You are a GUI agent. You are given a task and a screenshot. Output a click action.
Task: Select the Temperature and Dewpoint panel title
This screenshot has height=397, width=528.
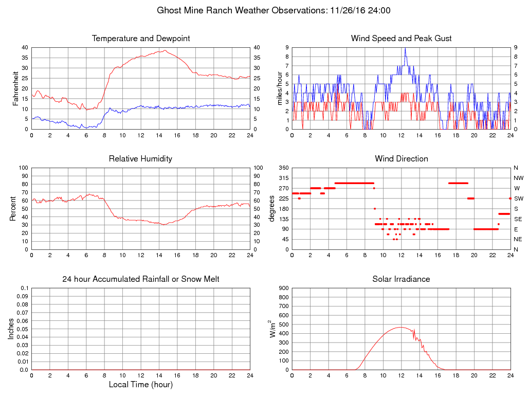[x=141, y=39]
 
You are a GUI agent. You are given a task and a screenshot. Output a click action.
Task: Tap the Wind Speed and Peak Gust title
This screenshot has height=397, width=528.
[x=402, y=39]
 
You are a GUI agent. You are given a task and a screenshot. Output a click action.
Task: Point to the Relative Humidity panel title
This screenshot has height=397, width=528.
[x=141, y=159]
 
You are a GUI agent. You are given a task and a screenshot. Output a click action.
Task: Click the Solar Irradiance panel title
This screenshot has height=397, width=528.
[x=402, y=279]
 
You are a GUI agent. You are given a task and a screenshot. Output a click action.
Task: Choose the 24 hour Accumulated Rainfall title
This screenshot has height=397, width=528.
[x=141, y=279]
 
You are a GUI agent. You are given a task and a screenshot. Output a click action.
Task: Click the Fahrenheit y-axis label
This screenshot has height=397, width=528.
[x=15, y=88]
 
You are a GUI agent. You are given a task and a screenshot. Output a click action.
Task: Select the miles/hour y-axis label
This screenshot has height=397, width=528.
[x=281, y=88]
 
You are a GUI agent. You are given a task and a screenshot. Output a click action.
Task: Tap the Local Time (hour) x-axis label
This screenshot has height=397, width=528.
[x=141, y=385]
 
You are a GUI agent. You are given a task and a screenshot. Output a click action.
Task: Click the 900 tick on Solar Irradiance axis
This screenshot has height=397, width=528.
[x=283, y=288]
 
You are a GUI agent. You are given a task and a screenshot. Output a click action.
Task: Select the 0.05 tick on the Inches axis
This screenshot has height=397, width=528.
[x=22, y=329]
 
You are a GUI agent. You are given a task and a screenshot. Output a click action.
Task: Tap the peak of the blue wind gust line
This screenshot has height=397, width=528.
[x=405, y=48]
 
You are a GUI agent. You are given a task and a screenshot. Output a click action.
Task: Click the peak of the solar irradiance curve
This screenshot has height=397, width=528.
[x=401, y=327]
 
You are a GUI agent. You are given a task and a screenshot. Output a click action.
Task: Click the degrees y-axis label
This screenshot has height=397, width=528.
[x=271, y=208]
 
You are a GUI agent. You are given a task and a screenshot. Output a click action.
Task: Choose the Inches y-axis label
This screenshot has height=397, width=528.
[x=11, y=329]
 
